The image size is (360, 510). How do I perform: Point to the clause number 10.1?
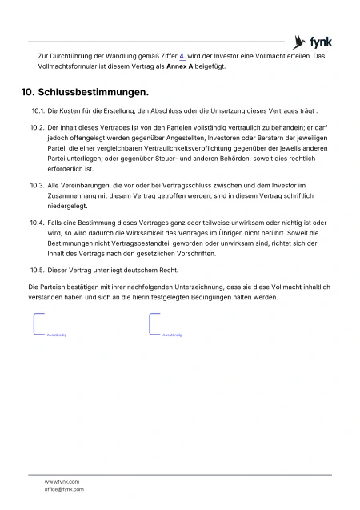(x=36, y=111)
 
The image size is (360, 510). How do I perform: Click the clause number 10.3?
(x=36, y=185)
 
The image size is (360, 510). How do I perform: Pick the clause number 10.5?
(x=36, y=270)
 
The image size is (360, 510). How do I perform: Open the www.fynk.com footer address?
(x=62, y=481)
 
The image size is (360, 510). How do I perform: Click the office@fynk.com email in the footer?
(x=64, y=488)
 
